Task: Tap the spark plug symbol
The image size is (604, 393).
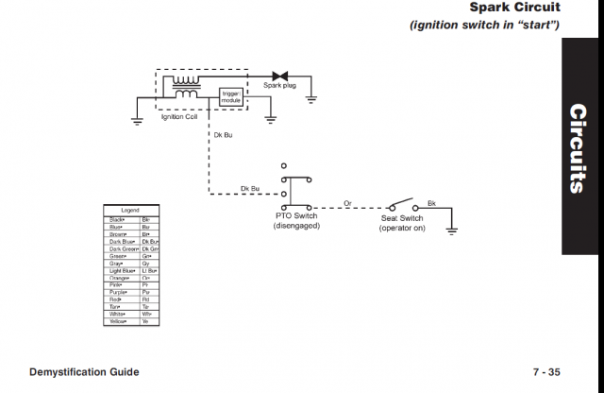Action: pyautogui.click(x=280, y=76)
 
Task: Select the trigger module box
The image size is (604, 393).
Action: pyautogui.click(x=231, y=96)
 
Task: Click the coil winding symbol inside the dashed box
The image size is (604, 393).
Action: pyautogui.click(x=185, y=87)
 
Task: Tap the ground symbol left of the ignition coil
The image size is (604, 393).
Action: pyautogui.click(x=137, y=119)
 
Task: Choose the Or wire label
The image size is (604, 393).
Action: pyautogui.click(x=347, y=202)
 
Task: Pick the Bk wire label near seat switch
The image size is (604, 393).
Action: pyautogui.click(x=431, y=202)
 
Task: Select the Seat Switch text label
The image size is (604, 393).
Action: pyautogui.click(x=402, y=217)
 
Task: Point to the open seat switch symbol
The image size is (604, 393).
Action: pyautogui.click(x=402, y=202)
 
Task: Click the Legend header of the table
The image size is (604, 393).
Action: pyautogui.click(x=130, y=210)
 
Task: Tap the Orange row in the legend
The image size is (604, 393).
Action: pyautogui.click(x=130, y=278)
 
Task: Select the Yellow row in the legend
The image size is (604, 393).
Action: pyautogui.click(x=130, y=321)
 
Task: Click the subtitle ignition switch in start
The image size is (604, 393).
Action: pyautogui.click(x=484, y=25)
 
